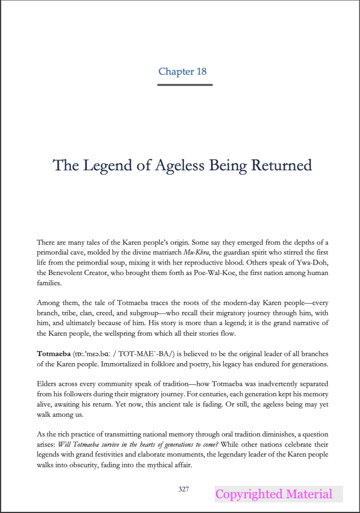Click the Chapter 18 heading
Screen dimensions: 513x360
point(182,71)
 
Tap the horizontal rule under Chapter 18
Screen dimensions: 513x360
point(185,85)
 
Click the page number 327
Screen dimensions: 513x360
point(184,489)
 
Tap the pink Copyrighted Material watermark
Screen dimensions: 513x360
point(274,494)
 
